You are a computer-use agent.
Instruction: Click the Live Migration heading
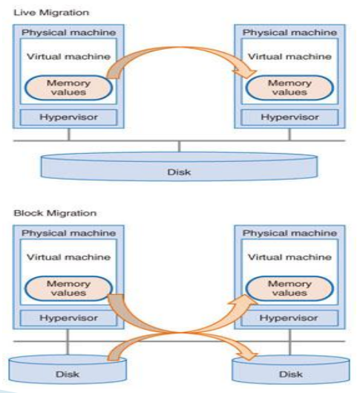tap(51, 13)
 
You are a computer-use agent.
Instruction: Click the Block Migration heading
tap(55, 213)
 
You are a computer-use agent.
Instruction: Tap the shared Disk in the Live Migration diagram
tap(179, 166)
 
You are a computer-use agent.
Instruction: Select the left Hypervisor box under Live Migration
tap(68, 117)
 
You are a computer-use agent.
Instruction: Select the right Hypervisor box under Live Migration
tap(289, 117)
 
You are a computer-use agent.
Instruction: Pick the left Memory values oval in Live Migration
tap(68, 88)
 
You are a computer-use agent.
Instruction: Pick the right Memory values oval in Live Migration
tap(289, 88)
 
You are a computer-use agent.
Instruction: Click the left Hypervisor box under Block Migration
tap(68, 318)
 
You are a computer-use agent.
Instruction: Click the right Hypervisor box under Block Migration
tap(289, 318)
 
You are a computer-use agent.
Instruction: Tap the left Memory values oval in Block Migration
tap(68, 288)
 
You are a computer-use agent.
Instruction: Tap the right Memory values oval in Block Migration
tap(289, 288)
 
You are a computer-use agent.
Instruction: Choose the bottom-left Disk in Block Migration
tap(68, 369)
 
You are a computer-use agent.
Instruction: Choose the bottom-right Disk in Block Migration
tap(291, 369)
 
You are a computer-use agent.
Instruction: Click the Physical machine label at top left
tap(68, 33)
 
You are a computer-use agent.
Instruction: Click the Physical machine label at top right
tap(289, 33)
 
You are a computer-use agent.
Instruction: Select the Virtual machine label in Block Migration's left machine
tap(68, 257)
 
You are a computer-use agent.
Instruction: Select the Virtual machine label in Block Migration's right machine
tap(289, 257)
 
